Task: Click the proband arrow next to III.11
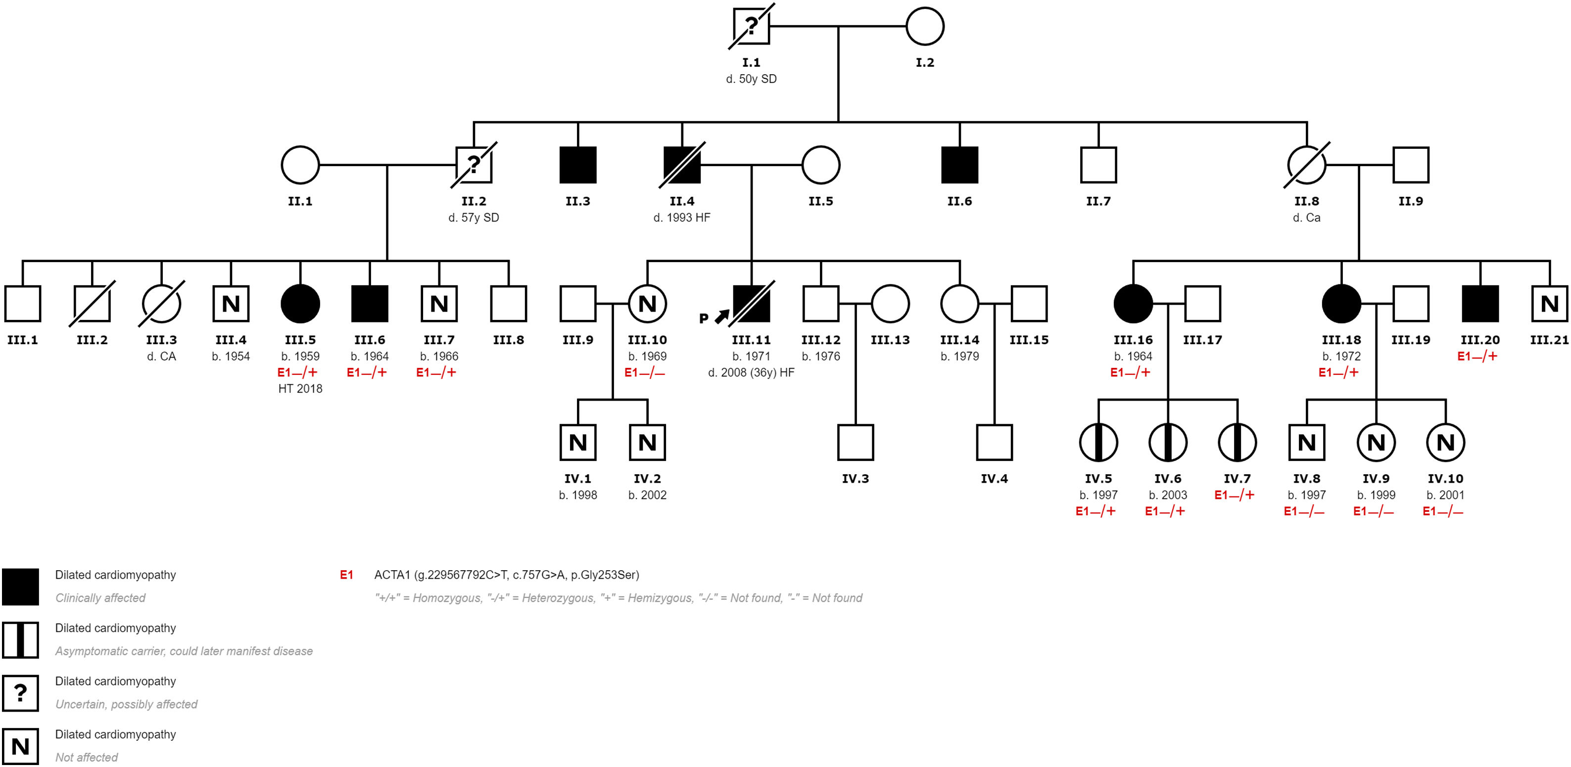pyautogui.click(x=721, y=316)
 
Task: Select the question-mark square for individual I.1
pyautogui.click(x=751, y=26)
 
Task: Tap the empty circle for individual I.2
pyautogui.click(x=925, y=26)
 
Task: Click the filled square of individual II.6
pyautogui.click(x=959, y=165)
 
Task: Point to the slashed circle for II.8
pyautogui.click(x=1306, y=165)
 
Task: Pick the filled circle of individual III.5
pyautogui.click(x=300, y=304)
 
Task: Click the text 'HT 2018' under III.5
pyautogui.click(x=300, y=388)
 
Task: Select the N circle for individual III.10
pyautogui.click(x=647, y=304)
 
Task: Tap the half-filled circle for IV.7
pyautogui.click(x=1237, y=442)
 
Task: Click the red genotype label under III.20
pyautogui.click(x=1477, y=356)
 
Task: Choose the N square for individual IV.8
pyautogui.click(x=1306, y=442)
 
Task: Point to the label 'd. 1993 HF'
pyautogui.click(x=682, y=218)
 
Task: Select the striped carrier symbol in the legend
pyautogui.click(x=21, y=639)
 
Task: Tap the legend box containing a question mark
pyautogui.click(x=21, y=693)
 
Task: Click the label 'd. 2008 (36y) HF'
pyautogui.click(x=751, y=372)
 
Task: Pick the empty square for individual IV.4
pyautogui.click(x=994, y=442)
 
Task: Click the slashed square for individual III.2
pyautogui.click(x=92, y=304)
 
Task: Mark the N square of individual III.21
pyautogui.click(x=1549, y=304)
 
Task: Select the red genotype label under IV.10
pyautogui.click(x=1442, y=511)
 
